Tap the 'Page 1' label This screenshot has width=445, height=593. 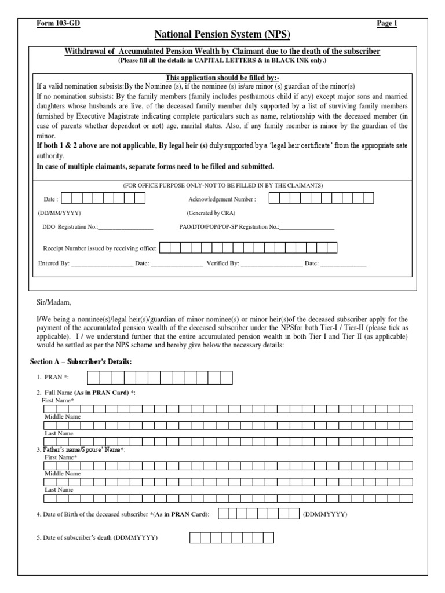coord(387,23)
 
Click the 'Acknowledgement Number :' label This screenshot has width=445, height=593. coord(222,199)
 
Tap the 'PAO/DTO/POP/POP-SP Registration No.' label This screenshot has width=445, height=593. coord(229,226)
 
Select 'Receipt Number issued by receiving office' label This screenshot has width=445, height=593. coord(100,248)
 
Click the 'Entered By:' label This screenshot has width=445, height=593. coord(54,263)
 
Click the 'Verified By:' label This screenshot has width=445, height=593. coord(222,263)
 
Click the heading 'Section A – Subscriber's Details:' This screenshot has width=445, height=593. coord(81,361)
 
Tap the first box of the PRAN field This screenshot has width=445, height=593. coord(93,378)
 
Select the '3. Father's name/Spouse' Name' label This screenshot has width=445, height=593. coord(81,449)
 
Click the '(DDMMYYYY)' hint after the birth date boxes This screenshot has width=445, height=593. coord(325,514)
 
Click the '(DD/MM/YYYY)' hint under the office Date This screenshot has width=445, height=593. coord(61,213)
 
